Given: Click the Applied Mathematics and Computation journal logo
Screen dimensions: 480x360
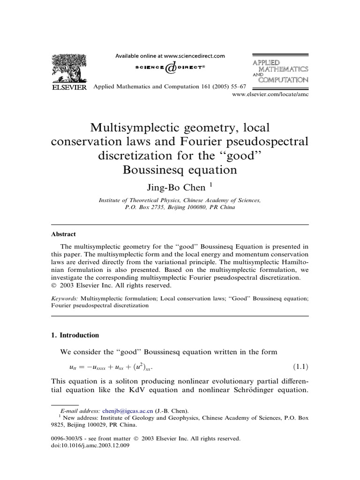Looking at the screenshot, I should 280,71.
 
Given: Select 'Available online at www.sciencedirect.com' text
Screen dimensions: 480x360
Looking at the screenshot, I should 170,55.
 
